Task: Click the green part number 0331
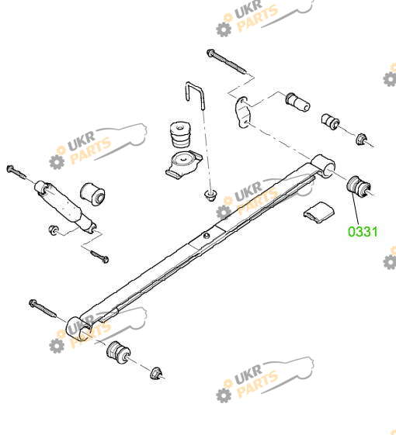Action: tap(363, 232)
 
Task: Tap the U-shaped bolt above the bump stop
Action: tap(196, 95)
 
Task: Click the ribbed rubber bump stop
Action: tap(180, 134)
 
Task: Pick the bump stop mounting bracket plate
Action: tap(184, 164)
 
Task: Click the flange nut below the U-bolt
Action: tap(211, 195)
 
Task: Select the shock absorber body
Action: tap(65, 206)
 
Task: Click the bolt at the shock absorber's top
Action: tap(16, 172)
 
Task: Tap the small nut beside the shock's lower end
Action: tap(53, 230)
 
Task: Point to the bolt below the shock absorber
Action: tap(100, 256)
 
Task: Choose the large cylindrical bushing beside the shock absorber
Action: tap(92, 193)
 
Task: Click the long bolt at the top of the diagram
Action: tap(227, 62)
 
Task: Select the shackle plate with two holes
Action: tap(242, 112)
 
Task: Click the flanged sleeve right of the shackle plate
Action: tap(298, 102)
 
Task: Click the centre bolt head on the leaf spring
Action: tap(207, 236)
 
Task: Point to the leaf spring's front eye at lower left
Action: tap(78, 330)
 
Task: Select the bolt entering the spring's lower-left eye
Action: tap(43, 308)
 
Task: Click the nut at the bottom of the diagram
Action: tap(156, 373)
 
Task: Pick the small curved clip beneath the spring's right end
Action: tap(319, 212)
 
